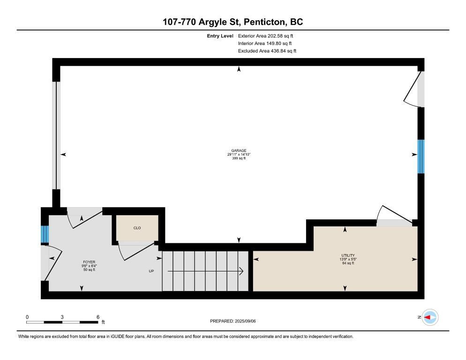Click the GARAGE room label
click(239, 150)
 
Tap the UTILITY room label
click(348, 255)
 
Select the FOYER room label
click(89, 262)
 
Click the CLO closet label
click(137, 228)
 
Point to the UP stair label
click(151, 271)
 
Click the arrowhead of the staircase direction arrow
click(241, 271)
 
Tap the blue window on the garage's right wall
click(421, 157)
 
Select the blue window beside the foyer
click(45, 234)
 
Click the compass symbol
click(430, 317)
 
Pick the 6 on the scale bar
click(98, 317)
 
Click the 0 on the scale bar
click(27, 317)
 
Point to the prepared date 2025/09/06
click(245, 321)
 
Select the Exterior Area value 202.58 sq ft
click(280, 36)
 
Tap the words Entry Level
click(220, 36)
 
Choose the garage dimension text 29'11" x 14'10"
click(239, 155)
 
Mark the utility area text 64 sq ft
click(348, 263)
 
